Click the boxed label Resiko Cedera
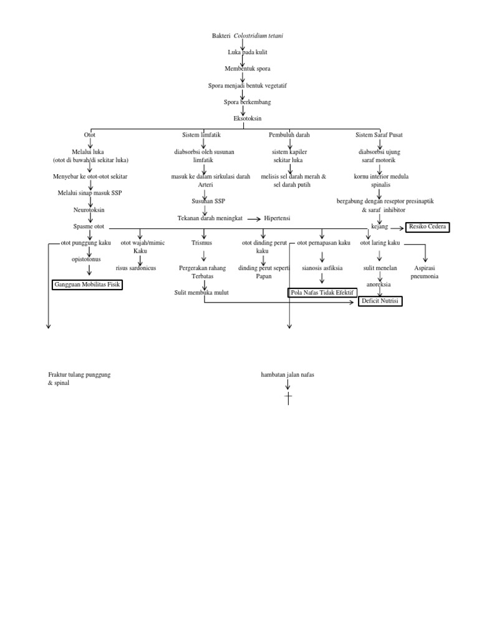click(x=427, y=227)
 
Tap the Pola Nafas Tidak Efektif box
click(x=321, y=291)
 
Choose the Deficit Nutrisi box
click(x=380, y=301)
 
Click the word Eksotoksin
click(x=248, y=118)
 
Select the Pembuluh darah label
click(x=289, y=135)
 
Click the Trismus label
click(x=203, y=243)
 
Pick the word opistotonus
click(x=90, y=257)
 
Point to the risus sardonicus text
click(x=136, y=268)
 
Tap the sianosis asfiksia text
click(x=322, y=268)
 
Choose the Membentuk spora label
click(x=248, y=68)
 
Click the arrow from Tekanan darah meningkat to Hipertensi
click(x=253, y=219)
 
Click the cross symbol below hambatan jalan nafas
click(x=288, y=398)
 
